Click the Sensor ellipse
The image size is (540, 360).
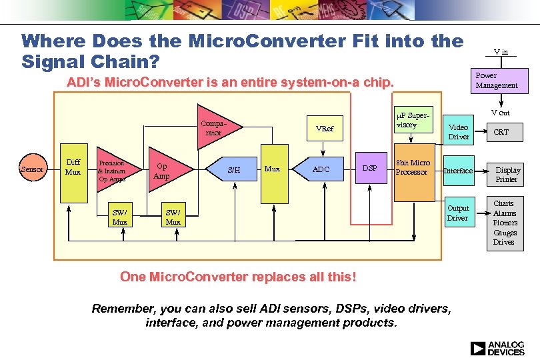coord(32,169)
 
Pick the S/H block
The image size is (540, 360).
coord(234,170)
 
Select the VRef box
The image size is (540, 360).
coord(325,129)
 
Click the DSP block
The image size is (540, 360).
coord(370,169)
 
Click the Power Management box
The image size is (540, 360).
coord(497,81)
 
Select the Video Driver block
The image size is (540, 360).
coord(459,131)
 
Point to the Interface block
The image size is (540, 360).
coord(459,171)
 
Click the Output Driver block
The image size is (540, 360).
coord(459,213)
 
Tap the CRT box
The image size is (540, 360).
coord(501,132)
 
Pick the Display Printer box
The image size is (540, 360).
coord(507,174)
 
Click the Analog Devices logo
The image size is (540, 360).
coord(497,348)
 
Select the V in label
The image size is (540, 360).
coord(501,51)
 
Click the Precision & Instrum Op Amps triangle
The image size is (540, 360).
coord(115,171)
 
